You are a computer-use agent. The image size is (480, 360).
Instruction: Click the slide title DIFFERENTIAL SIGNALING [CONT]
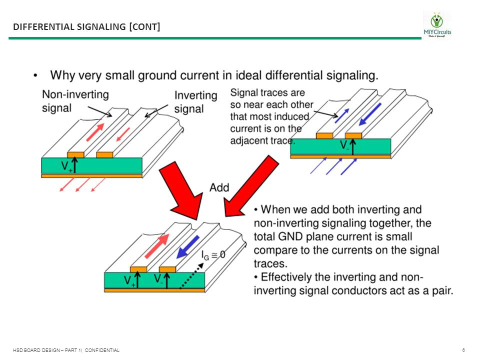[x=86, y=26]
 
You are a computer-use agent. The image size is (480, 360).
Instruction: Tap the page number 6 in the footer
[x=464, y=350]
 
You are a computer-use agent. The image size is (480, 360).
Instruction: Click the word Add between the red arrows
[x=219, y=187]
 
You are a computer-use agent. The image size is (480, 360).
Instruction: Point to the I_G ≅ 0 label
[x=213, y=254]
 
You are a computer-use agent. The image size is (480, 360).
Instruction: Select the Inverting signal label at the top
[x=195, y=101]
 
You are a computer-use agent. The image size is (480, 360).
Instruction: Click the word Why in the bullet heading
[x=64, y=75]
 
